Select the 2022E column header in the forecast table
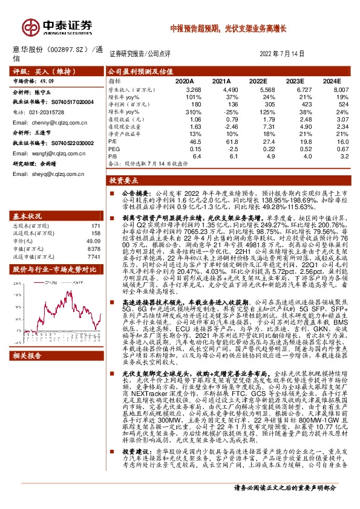tap(258, 80)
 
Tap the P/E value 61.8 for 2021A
tap(223, 140)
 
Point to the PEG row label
tap(114, 149)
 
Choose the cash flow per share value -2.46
tap(223, 127)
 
